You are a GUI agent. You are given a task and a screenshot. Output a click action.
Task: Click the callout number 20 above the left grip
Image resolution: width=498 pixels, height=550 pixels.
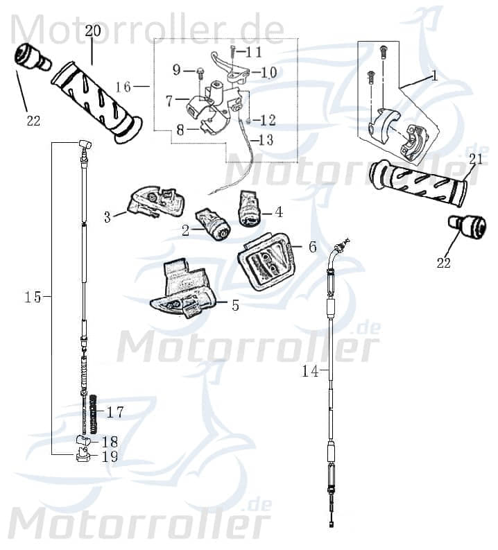click(x=93, y=31)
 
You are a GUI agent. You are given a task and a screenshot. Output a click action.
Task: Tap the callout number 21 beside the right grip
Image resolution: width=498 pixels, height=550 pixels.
click(x=475, y=159)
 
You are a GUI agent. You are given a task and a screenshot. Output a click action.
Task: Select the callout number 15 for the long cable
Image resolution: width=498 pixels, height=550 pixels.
click(x=33, y=297)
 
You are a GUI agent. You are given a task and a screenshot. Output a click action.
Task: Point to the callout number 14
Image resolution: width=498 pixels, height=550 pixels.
click(x=309, y=372)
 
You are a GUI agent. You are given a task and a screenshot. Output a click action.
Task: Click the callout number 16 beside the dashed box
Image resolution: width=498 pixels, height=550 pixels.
click(x=123, y=87)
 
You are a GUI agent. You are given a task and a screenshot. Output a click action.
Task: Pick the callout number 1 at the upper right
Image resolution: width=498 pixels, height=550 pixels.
click(x=434, y=76)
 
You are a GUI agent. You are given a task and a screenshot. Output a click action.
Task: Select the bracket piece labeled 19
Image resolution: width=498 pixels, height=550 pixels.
click(x=83, y=456)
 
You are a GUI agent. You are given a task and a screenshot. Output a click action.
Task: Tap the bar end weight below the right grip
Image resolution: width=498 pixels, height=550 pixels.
click(x=468, y=226)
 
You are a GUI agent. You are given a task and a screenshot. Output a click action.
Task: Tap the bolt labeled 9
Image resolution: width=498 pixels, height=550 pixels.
click(x=198, y=70)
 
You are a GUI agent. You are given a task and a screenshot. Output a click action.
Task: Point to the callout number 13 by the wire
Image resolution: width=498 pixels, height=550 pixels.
click(x=266, y=141)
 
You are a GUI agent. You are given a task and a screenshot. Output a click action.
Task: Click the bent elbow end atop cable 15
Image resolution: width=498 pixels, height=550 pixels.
click(x=85, y=145)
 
